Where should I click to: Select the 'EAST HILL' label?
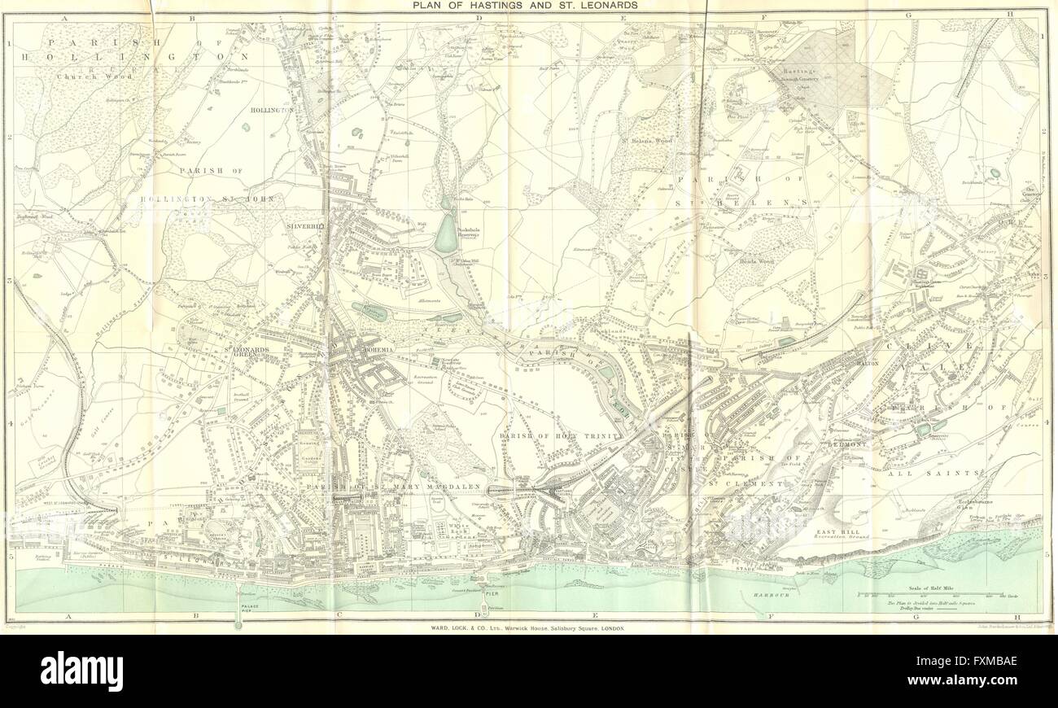point(834,532)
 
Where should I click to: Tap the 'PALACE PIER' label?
point(239,605)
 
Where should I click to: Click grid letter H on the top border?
point(1008,14)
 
